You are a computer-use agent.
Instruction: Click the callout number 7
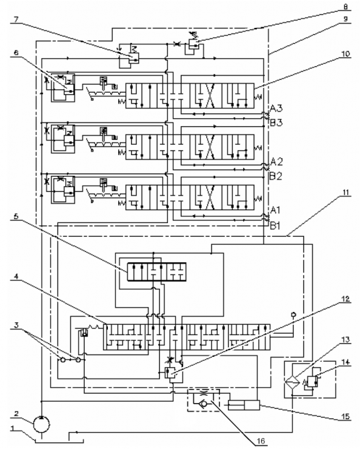click(x=16, y=20)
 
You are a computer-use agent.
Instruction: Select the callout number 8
click(x=345, y=6)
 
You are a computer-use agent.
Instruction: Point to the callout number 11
click(x=346, y=192)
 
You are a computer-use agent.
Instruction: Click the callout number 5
click(x=16, y=216)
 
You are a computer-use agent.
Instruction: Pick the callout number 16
click(x=261, y=441)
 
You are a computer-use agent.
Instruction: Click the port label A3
click(x=276, y=108)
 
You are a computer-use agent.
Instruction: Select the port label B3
click(x=276, y=122)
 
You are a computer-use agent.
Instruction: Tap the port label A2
click(x=276, y=162)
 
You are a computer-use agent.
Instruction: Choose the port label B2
click(x=276, y=176)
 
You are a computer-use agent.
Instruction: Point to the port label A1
click(x=275, y=210)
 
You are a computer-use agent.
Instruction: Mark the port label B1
click(x=275, y=226)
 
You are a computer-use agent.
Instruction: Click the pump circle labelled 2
click(x=42, y=424)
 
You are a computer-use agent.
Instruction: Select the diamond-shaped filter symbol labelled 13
click(x=292, y=382)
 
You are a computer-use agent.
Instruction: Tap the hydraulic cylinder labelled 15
click(x=244, y=405)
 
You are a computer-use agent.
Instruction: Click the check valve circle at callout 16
click(x=204, y=404)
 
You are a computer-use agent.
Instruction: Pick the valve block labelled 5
click(x=156, y=271)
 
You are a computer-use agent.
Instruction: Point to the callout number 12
click(x=346, y=299)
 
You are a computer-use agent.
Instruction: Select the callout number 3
click(x=16, y=325)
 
